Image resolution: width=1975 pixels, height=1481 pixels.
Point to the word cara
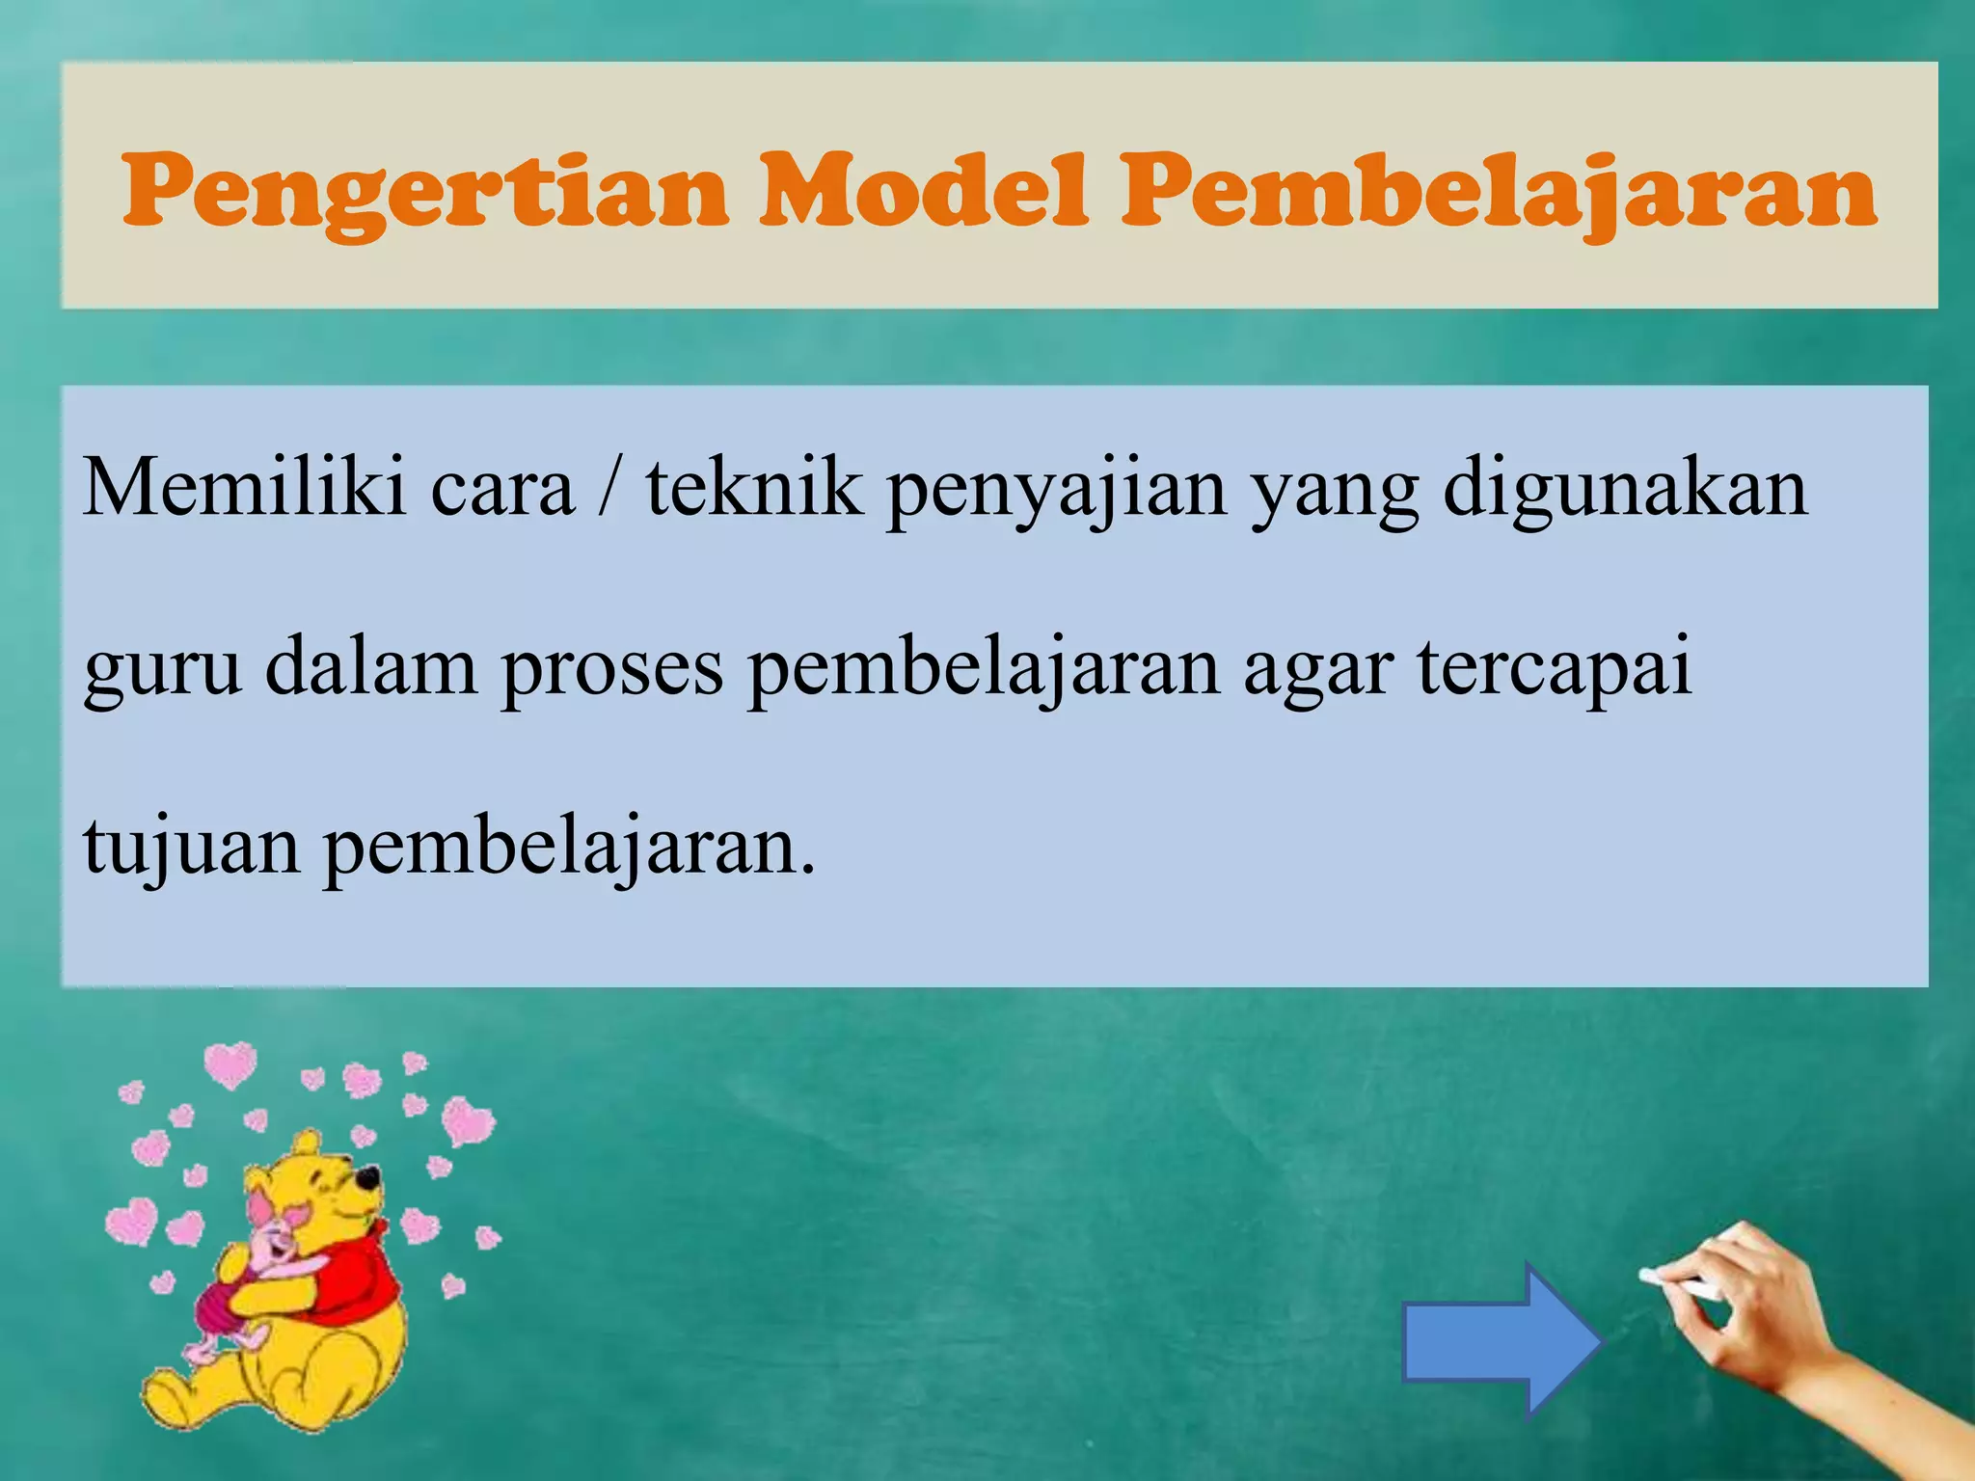[x=501, y=492]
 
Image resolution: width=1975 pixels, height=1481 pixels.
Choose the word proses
[x=611, y=671]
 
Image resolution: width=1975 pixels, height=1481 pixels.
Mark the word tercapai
[x=1554, y=669]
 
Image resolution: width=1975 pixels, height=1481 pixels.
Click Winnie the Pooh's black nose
[x=367, y=1178]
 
